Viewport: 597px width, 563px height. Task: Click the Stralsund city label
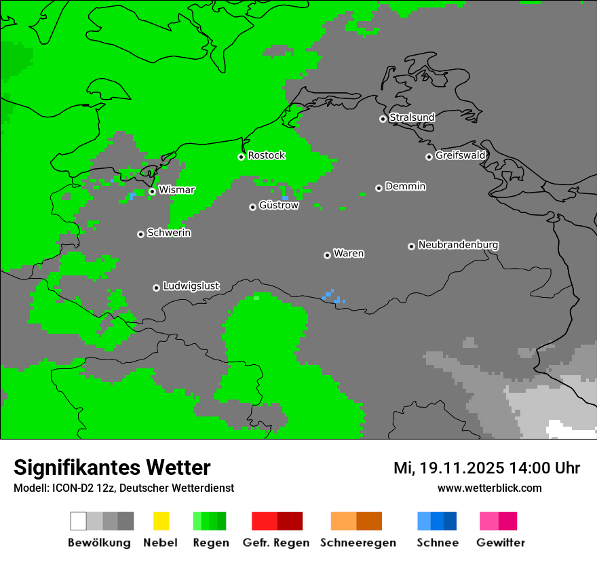[412, 117]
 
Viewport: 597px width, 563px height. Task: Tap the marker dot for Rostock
[241, 157]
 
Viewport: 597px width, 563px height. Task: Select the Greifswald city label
[460, 155]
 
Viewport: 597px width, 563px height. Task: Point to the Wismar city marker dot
[152, 191]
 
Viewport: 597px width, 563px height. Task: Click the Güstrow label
[278, 205]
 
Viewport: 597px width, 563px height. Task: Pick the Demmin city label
[405, 186]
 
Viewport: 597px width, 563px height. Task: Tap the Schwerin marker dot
[140, 234]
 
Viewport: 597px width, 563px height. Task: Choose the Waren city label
[349, 253]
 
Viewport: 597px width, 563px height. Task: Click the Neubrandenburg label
[458, 244]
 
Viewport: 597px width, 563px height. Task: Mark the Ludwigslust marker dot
[156, 288]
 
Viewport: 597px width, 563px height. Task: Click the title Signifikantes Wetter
[112, 467]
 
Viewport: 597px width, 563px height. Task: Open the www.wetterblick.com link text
[489, 488]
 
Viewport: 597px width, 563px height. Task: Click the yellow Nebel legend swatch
[161, 521]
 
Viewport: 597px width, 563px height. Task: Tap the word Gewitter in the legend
[500, 543]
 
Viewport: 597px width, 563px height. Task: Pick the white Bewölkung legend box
[79, 521]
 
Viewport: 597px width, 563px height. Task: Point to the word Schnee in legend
[438, 543]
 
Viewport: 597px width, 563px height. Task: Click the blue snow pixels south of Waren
[333, 296]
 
